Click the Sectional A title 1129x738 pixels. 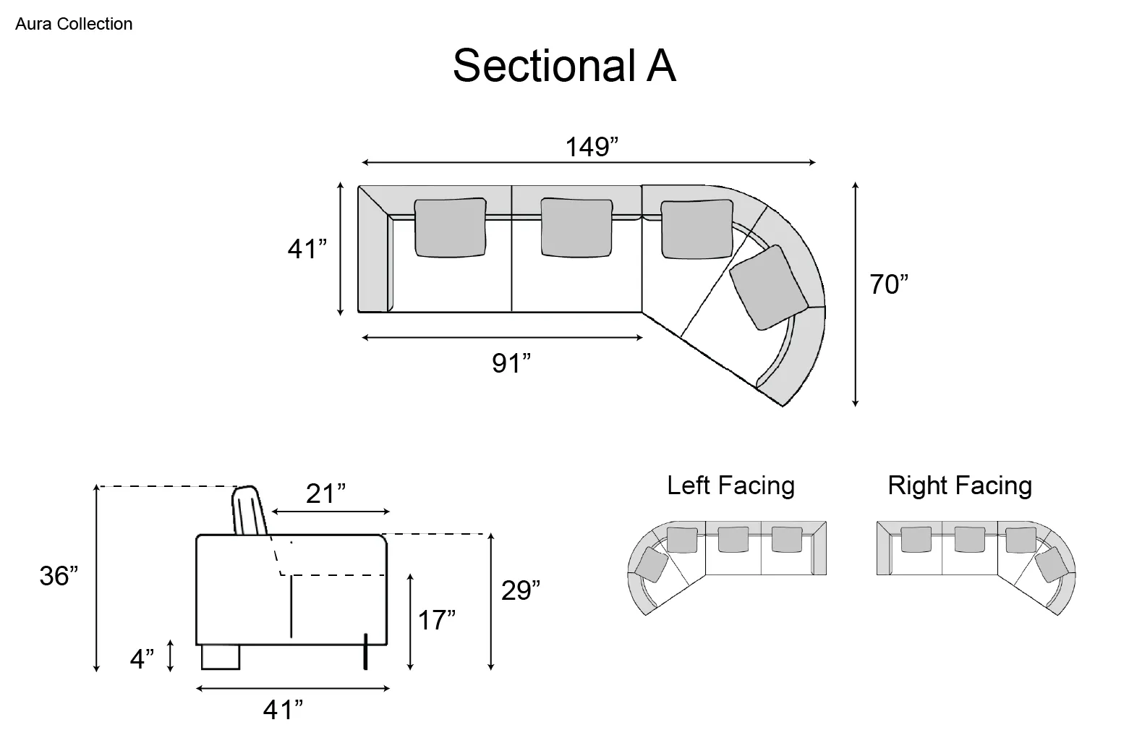[564, 65]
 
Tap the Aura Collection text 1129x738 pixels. [74, 24]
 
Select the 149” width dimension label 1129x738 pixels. [591, 147]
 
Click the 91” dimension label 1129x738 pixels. [511, 363]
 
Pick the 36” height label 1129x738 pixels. [59, 575]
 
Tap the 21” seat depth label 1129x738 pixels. [325, 493]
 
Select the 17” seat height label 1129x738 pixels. [436, 619]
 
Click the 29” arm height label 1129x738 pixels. [520, 590]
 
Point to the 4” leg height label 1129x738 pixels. [142, 658]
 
